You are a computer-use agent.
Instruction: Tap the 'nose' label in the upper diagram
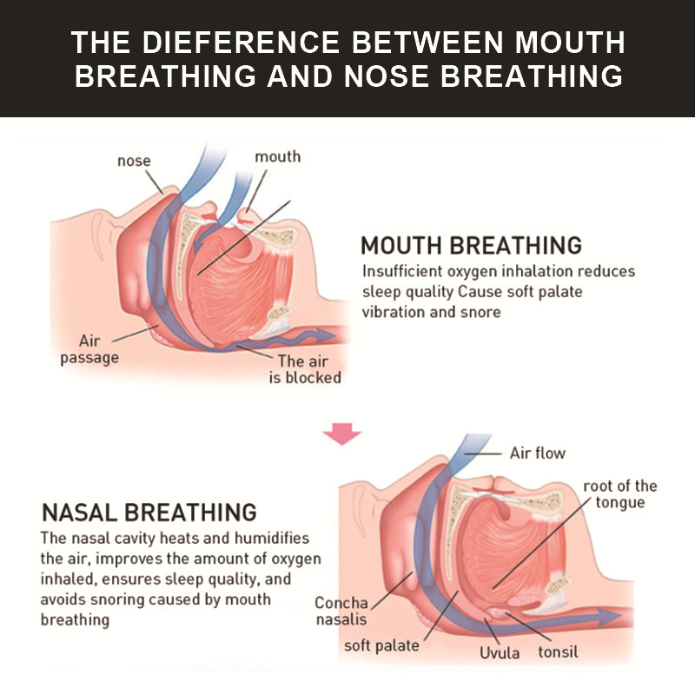pos(134,161)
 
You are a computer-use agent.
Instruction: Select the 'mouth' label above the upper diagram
pos(277,156)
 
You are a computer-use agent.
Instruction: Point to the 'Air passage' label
pos(89,349)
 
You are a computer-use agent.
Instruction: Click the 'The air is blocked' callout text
pos(303,369)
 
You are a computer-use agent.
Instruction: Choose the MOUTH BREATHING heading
pos(471,245)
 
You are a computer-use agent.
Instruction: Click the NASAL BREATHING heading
pos(149,512)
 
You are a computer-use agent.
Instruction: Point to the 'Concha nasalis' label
pos(341,611)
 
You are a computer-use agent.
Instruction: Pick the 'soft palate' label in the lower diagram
pos(381,645)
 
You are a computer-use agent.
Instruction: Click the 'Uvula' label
pos(500,652)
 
